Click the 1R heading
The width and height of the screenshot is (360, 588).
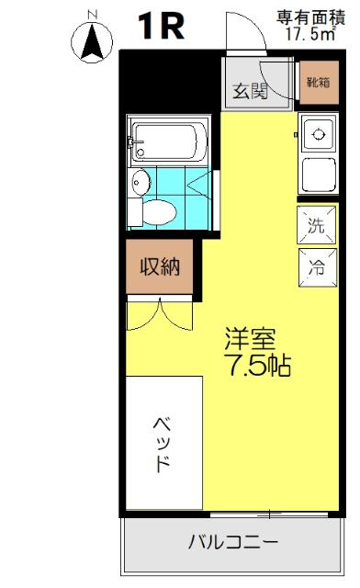click(x=161, y=27)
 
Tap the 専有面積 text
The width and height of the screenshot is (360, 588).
click(x=308, y=17)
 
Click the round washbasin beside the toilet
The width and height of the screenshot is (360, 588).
click(x=140, y=182)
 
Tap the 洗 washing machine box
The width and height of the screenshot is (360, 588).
click(x=315, y=224)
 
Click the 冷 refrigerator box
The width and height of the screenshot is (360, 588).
click(x=315, y=268)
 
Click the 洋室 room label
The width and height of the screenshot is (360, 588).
click(x=250, y=338)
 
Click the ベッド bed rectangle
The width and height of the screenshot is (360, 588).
click(x=162, y=442)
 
